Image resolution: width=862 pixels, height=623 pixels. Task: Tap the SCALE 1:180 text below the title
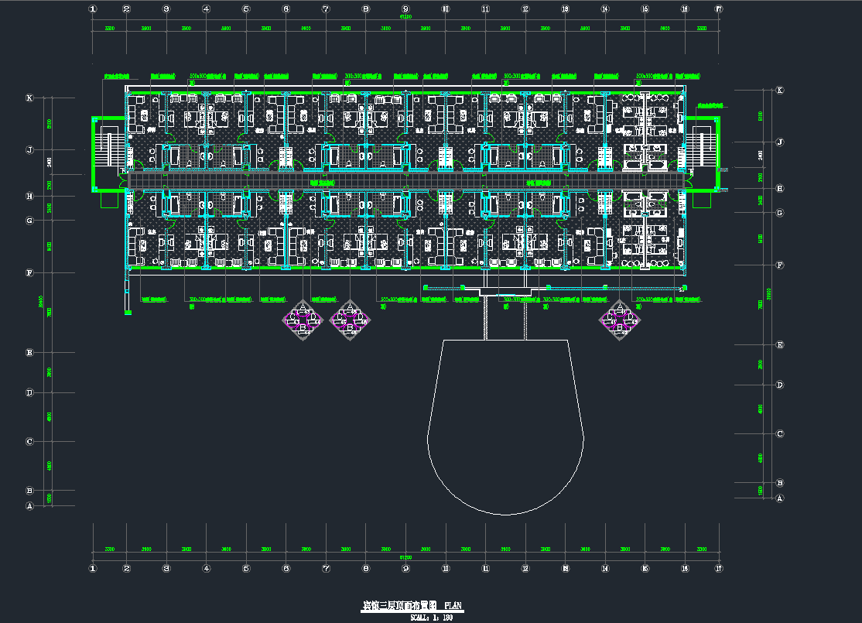point(431,618)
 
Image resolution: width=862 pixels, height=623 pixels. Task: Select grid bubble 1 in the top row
point(93,9)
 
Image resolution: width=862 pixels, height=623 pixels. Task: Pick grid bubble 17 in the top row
point(719,9)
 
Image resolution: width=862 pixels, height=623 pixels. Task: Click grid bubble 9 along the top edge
point(405,9)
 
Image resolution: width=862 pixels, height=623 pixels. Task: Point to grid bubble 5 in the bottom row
point(246,569)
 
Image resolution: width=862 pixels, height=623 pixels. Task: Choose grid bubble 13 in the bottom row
point(565,569)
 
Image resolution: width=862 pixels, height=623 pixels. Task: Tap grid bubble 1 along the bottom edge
point(93,569)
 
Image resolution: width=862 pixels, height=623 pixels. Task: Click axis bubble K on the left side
point(29,98)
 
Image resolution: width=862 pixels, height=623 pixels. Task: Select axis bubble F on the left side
point(29,273)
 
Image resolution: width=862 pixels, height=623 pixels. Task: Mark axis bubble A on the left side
point(29,506)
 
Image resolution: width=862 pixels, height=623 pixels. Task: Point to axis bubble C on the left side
point(29,442)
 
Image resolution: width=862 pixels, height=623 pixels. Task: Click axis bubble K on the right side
point(779,91)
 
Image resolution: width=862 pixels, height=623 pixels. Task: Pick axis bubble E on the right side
point(779,345)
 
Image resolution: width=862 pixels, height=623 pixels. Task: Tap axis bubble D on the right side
point(779,385)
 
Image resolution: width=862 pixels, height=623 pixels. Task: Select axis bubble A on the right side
point(779,498)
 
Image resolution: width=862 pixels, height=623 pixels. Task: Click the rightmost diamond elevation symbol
point(620,319)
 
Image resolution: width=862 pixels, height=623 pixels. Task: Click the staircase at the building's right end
point(703,149)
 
